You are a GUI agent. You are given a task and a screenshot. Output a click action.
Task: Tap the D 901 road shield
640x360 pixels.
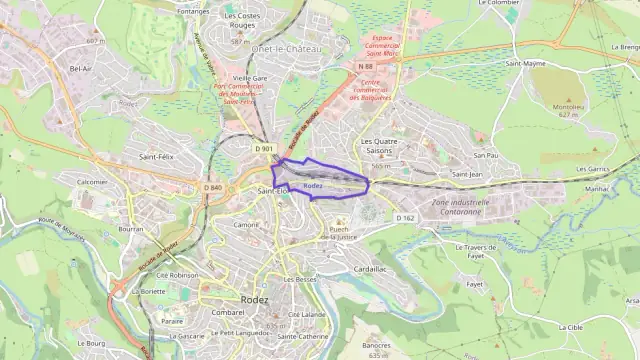264,149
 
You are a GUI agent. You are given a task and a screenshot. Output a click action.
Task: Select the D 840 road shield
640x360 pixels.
213,187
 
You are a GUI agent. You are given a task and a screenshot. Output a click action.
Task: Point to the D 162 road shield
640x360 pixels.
404,217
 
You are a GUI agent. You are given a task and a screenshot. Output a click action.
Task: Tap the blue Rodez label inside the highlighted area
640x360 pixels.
312,186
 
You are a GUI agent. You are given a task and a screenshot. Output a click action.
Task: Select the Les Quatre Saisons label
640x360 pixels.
379,146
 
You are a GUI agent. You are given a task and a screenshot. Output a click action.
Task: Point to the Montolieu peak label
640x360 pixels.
569,108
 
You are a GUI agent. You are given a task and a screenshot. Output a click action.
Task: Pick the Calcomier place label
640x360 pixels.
92,182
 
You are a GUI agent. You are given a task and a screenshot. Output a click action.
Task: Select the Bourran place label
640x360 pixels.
131,229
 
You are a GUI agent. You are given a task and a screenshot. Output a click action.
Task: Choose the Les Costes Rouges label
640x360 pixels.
242,21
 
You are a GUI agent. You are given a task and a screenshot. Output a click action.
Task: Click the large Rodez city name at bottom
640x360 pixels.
254,298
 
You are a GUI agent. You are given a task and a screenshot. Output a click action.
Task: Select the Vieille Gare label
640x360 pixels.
249,77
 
